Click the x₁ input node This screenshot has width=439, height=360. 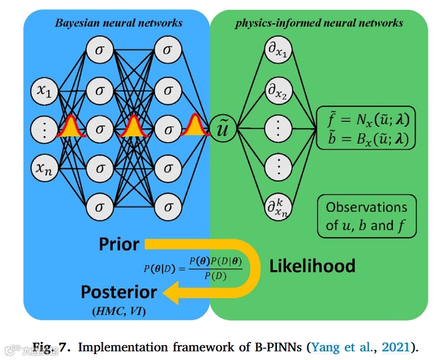[45, 91]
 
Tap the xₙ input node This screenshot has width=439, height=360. [45, 168]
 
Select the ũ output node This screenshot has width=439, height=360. [223, 128]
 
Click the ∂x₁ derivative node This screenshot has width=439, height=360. [278, 49]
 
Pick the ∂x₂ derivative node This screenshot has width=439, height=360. [278, 91]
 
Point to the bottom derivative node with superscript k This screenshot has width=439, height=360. [278, 207]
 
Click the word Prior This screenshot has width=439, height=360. [119, 244]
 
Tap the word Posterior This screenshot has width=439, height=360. [119, 292]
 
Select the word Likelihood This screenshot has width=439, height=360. [312, 266]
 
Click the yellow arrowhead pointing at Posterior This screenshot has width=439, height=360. [171, 293]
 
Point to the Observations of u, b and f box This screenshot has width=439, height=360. [367, 216]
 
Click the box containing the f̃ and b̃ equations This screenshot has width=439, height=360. [366, 128]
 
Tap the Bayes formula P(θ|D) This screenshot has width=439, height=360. [193, 268]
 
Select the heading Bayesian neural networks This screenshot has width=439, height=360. [119, 23]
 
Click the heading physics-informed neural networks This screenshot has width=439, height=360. [319, 23]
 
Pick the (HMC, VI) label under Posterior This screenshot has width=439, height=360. [119, 311]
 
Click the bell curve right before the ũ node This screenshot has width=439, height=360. [194, 125]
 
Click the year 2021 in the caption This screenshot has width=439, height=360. [396, 347]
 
